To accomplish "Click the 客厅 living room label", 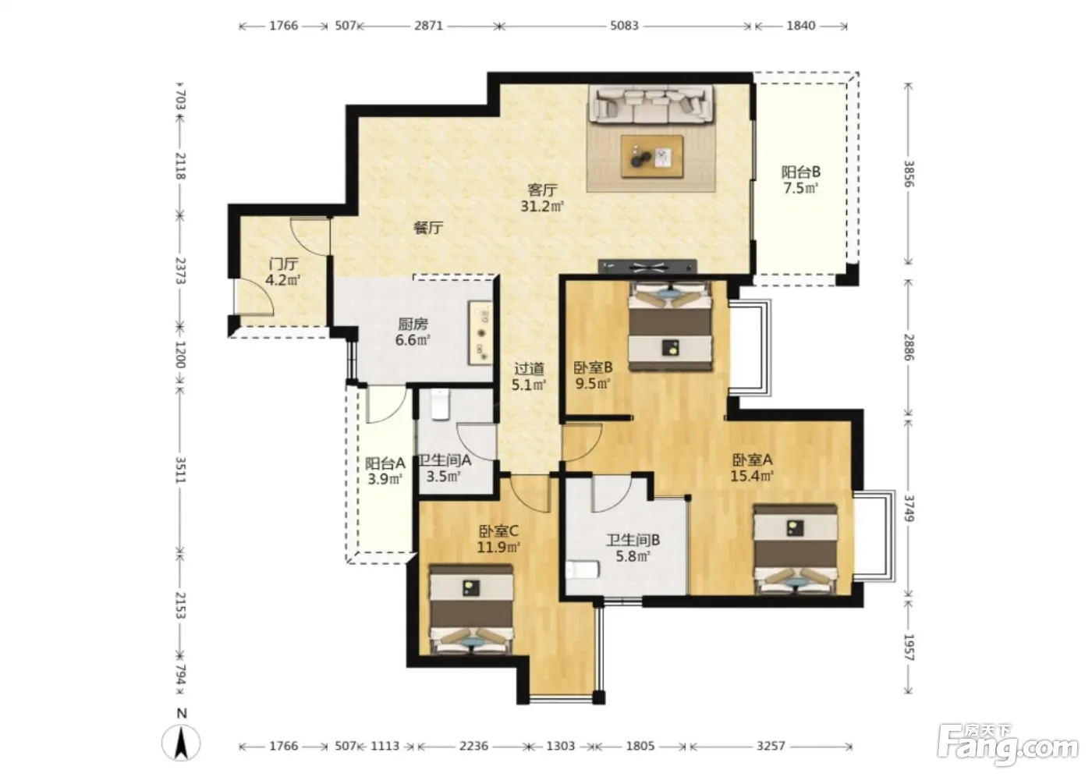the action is point(542,190).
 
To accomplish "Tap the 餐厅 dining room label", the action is point(428,228).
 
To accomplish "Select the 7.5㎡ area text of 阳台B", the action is point(800,188).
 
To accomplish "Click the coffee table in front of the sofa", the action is point(652,157).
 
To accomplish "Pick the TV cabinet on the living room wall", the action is point(647,267).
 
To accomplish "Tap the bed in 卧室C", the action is point(471,609).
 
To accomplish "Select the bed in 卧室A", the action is point(796,549).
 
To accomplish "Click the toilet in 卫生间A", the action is point(441,404).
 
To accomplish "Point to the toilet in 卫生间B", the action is point(582,569).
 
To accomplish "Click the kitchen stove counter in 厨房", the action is point(480,332).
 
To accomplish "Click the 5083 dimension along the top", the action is point(624,25).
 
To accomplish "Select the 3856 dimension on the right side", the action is point(908,174).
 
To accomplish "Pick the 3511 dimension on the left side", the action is point(180,470).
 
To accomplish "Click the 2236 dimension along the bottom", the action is point(473,746).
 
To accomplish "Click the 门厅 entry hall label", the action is point(283,264).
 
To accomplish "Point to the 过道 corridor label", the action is point(529,368).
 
